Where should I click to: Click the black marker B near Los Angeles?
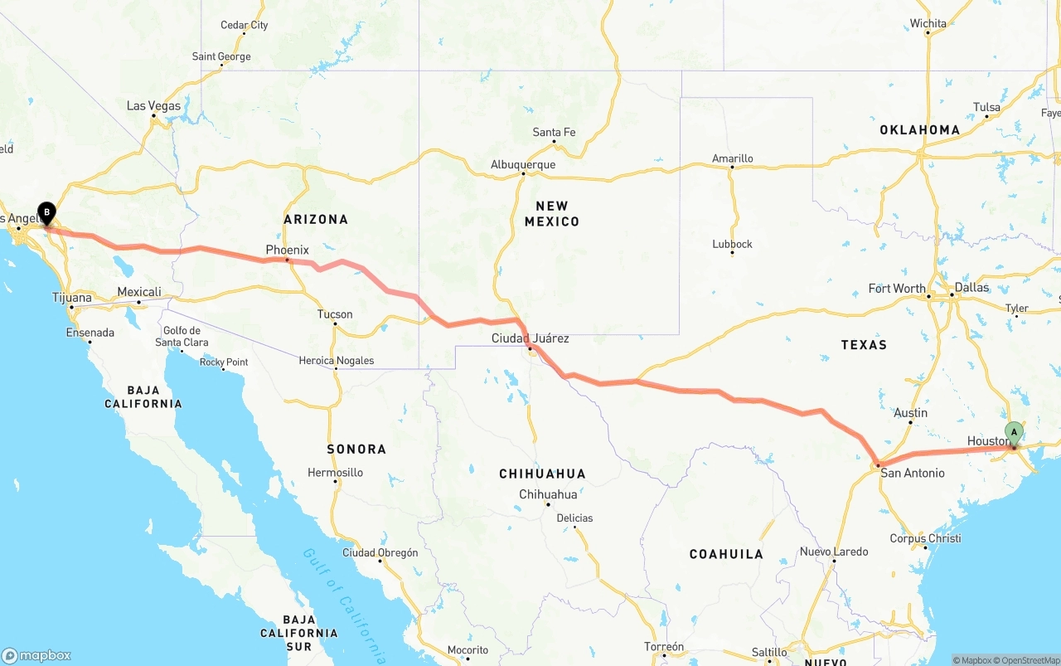click(46, 213)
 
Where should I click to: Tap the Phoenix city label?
click(287, 250)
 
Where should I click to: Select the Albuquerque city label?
click(523, 164)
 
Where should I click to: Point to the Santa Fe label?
click(554, 132)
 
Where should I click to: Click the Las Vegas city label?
click(153, 106)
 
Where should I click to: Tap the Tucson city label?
click(335, 314)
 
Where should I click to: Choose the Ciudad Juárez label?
click(530, 338)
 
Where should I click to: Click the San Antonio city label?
click(912, 473)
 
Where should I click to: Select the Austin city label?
click(910, 413)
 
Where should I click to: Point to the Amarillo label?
click(733, 158)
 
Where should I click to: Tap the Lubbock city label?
click(732, 244)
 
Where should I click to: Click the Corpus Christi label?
click(925, 538)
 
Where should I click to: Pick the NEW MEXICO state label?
click(551, 213)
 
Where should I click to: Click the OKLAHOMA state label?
click(919, 129)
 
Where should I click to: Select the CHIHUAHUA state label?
click(542, 474)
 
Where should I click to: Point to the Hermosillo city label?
click(335, 473)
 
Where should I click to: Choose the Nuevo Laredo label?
click(834, 552)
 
